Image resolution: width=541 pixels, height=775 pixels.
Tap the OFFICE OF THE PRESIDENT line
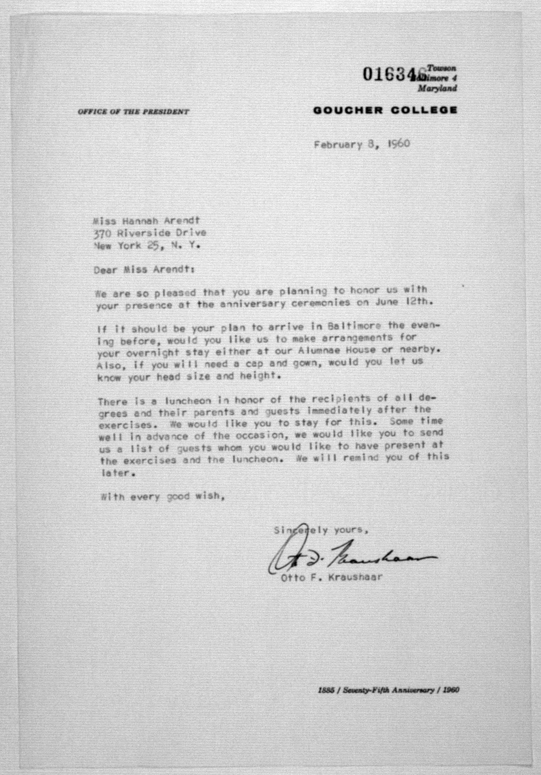pyautogui.click(x=133, y=112)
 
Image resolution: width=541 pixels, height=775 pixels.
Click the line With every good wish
pyautogui.click(x=163, y=497)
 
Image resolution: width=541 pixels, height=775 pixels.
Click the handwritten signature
pyautogui.click(x=348, y=557)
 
